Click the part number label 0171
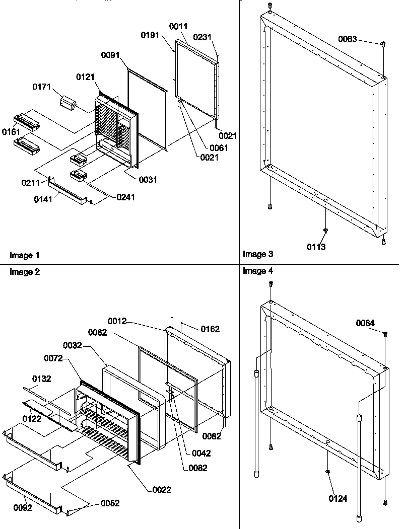pyautogui.click(x=41, y=87)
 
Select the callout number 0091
pyautogui.click(x=111, y=55)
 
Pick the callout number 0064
pyautogui.click(x=365, y=323)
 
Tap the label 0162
pyautogui.click(x=210, y=329)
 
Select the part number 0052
pyautogui.click(x=110, y=503)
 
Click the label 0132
pyautogui.click(x=42, y=378)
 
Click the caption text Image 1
pyautogui.click(x=24, y=255)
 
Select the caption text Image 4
pyautogui.click(x=258, y=271)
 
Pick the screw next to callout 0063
pyautogui.click(x=383, y=44)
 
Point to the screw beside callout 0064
pyautogui.click(x=385, y=333)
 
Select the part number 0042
pyautogui.click(x=201, y=453)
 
